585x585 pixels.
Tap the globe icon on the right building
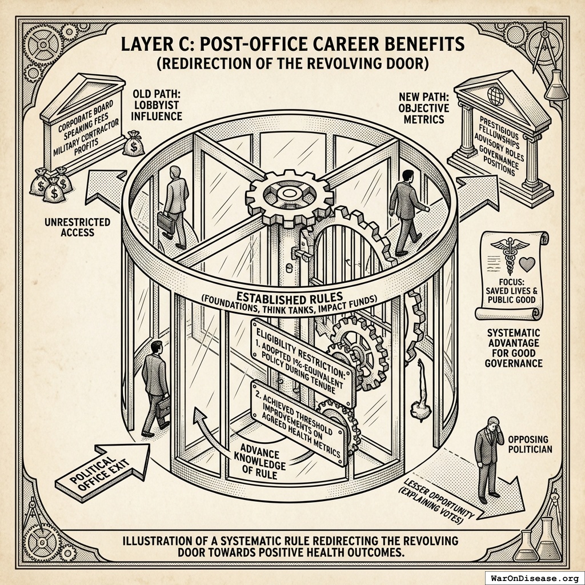pos(495,96)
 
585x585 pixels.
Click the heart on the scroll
pos(527,265)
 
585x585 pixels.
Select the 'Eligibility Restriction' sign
pos(303,362)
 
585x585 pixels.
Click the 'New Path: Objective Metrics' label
pos(424,108)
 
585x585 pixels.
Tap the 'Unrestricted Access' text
pos(77,227)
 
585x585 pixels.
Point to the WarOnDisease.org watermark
pos(534,579)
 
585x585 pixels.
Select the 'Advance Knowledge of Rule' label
pos(260,461)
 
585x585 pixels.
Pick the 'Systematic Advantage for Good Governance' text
pos(514,348)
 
